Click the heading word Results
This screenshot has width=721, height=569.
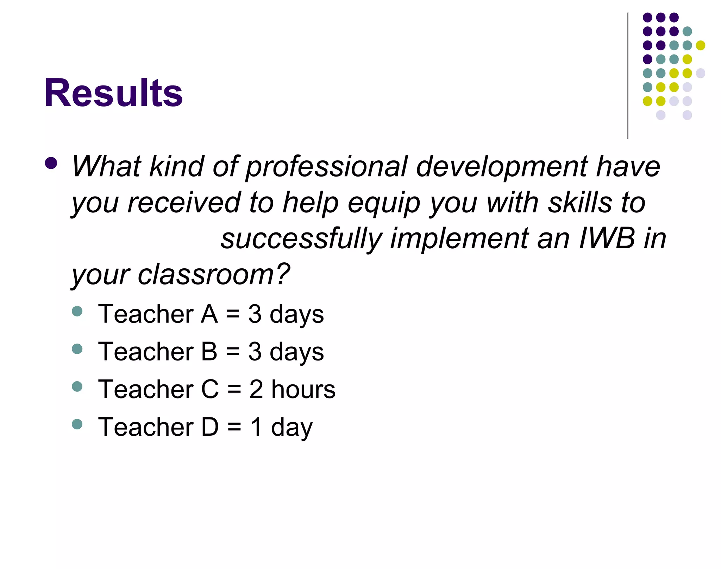(x=113, y=93)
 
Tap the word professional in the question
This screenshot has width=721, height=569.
(x=326, y=167)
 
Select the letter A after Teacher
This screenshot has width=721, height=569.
(x=209, y=314)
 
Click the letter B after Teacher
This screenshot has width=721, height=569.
(x=209, y=352)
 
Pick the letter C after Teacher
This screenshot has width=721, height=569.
(x=210, y=389)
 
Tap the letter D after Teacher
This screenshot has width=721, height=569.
(x=210, y=427)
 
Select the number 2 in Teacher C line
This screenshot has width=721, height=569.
(x=256, y=389)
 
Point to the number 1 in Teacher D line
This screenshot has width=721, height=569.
(x=256, y=427)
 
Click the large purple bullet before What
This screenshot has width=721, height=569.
(x=51, y=163)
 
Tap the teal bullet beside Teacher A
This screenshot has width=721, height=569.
(x=77, y=311)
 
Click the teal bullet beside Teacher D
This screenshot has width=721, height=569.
(x=77, y=424)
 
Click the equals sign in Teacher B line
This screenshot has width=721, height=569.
(x=233, y=352)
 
